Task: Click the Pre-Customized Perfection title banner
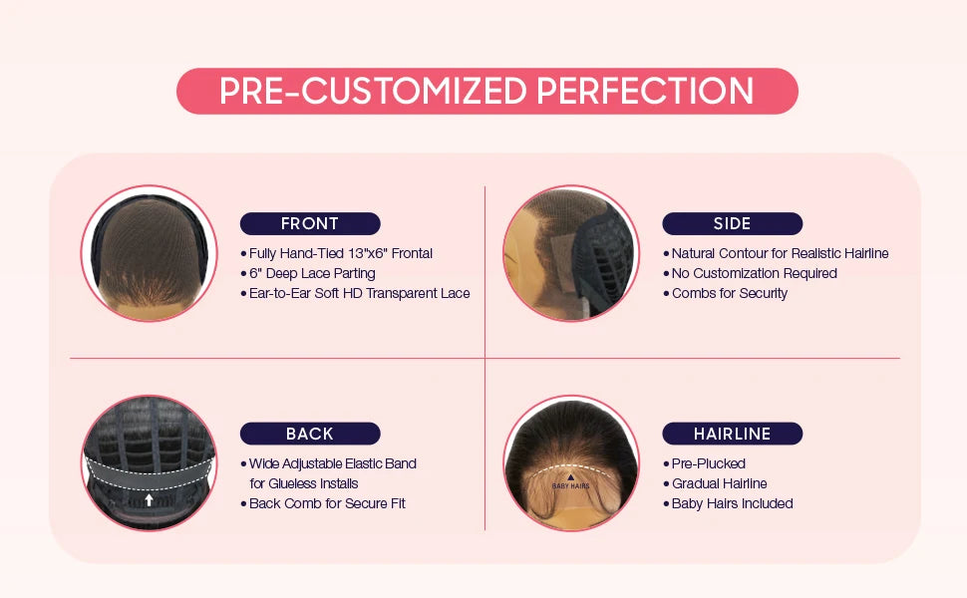[486, 91]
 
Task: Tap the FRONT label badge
[310, 223]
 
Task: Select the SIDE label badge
[732, 223]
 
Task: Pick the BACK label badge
[310, 434]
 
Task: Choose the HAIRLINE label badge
[732, 434]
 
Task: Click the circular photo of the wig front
[149, 253]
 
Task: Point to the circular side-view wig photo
[569, 253]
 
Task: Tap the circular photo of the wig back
[149, 462]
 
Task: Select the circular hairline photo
[569, 462]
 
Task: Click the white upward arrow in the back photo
[149, 498]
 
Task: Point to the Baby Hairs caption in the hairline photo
[570, 485]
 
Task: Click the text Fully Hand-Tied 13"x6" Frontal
[341, 253]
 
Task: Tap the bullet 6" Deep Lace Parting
[312, 273]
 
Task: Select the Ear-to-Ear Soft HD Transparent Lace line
[359, 293]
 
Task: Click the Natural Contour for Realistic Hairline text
[780, 253]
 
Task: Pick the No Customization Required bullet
[754, 273]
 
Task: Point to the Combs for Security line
[729, 293]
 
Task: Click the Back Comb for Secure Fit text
[327, 503]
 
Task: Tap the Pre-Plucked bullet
[708, 463]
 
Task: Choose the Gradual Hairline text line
[719, 483]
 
